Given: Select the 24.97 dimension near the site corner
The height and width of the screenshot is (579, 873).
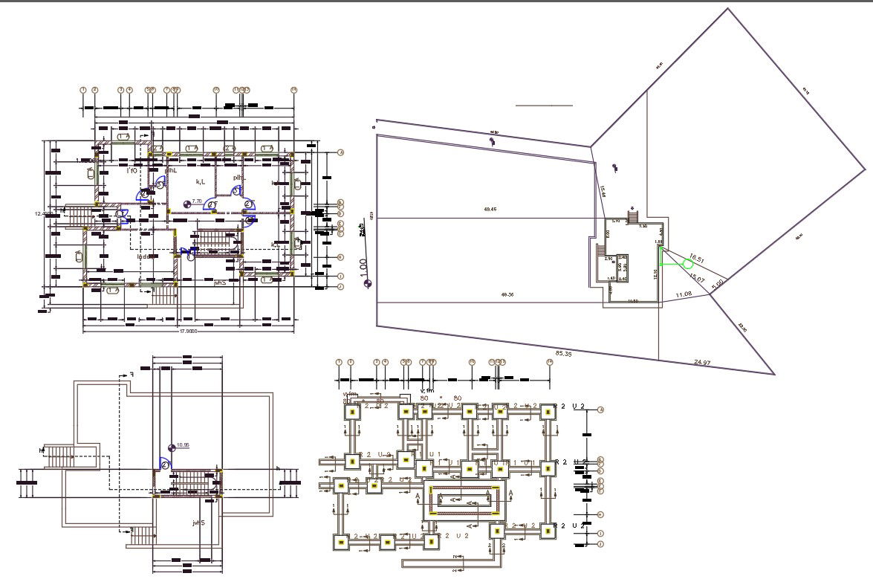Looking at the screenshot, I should point(701,362).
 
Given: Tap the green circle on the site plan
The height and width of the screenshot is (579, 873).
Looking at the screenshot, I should point(688,263).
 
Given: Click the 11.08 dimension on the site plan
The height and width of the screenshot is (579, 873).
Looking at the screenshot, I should point(683,295).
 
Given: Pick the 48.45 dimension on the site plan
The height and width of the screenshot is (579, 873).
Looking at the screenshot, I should point(490,209).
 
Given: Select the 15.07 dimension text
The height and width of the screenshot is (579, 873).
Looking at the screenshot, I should point(697,278).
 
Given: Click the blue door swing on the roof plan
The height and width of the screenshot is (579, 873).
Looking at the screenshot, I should point(164,464).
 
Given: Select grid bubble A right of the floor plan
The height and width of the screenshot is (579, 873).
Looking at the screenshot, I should point(340,153).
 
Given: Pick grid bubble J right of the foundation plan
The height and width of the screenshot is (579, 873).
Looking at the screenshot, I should point(600,545).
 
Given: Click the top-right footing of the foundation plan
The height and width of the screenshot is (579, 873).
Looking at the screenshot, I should point(548,411).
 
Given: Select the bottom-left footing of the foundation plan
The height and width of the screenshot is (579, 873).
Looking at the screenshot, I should point(341,543).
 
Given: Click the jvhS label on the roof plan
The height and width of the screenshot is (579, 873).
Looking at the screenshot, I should point(198,523).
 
